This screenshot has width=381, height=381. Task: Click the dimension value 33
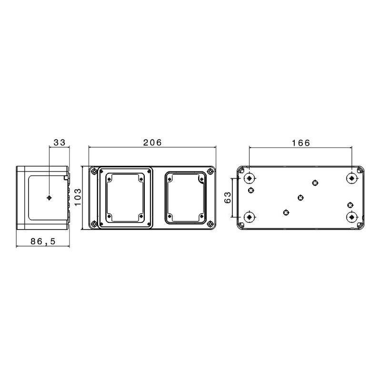[x=60, y=142]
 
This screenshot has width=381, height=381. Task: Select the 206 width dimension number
[x=152, y=142]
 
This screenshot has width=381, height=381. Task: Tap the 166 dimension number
[x=301, y=143]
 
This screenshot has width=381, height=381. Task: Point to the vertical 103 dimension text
[x=78, y=197]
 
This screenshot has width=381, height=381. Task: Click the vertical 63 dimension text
[x=228, y=198]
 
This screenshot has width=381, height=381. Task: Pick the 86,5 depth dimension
[x=43, y=241]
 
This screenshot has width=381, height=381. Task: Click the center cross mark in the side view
[x=49, y=198]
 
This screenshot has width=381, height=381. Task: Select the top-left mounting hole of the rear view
[x=249, y=179]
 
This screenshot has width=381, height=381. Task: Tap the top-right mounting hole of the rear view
[x=351, y=179]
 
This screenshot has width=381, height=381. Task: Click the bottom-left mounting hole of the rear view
[x=249, y=217]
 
